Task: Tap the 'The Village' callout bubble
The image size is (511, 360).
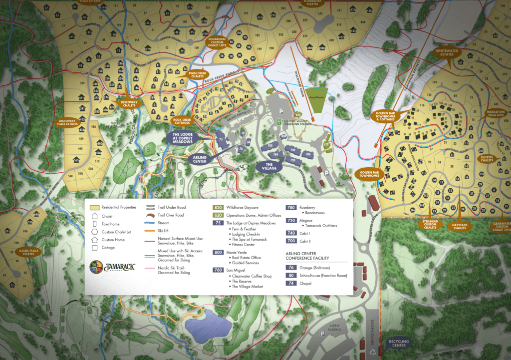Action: (268, 167)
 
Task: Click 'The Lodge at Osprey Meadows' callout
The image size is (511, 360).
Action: (182, 138)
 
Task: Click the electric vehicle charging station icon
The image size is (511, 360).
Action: (279, 121)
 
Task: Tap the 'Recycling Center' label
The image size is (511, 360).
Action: (399, 344)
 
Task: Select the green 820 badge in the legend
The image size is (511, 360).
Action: (218, 207)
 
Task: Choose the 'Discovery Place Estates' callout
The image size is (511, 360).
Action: (67, 122)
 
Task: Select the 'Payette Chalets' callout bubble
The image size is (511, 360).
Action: (487, 159)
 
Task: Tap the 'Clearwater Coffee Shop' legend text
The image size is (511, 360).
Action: (253, 276)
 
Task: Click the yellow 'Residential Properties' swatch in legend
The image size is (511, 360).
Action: (94, 207)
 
